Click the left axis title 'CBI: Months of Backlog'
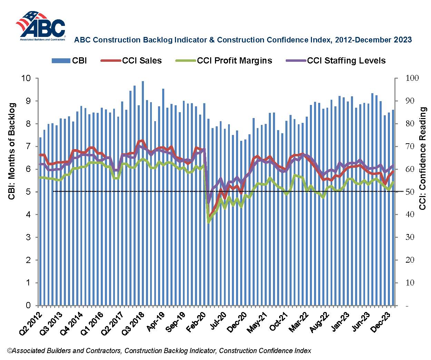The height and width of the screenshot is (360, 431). click(12, 151)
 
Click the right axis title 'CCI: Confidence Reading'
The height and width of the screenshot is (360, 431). click(423, 158)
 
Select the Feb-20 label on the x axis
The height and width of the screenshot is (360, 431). click(197, 322)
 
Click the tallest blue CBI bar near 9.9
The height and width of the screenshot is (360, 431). click(143, 193)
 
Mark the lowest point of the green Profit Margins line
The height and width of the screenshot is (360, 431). click(208, 222)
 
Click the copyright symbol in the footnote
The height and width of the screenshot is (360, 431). click(9, 351)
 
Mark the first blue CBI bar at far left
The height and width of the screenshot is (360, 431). click(40, 221)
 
